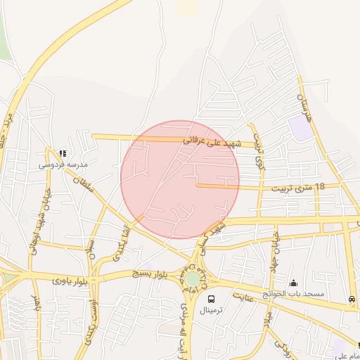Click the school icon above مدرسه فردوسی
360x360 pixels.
63,153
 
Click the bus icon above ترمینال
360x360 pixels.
212,299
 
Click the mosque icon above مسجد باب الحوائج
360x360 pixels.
293,283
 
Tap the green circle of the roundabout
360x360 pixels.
192,279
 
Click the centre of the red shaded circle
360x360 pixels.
180,179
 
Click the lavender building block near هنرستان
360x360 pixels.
300,127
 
